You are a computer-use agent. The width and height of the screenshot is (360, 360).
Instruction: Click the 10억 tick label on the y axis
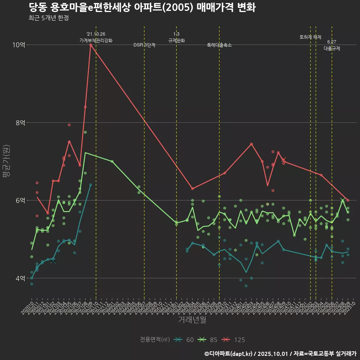point(19,45)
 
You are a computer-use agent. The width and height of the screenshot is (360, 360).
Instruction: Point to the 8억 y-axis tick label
point(20,123)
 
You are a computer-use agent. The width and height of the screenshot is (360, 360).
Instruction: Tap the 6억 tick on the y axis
point(20,200)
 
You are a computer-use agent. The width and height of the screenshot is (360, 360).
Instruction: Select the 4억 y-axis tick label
point(20,278)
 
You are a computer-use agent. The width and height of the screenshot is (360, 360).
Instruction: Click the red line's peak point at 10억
point(91,45)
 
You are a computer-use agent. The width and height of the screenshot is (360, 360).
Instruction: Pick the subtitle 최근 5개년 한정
point(48,18)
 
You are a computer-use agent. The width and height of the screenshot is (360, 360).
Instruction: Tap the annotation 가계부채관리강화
point(96,40)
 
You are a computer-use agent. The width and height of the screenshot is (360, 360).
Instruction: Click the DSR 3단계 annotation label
point(144,45)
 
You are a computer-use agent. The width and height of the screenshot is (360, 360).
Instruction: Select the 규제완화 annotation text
point(176,40)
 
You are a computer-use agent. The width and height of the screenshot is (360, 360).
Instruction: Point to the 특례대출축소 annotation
point(219,45)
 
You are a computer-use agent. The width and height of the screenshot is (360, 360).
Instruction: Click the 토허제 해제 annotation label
point(310,37)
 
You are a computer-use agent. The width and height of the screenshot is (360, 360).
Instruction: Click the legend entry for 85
point(208,340)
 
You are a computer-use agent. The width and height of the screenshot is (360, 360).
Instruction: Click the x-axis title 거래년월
point(192,320)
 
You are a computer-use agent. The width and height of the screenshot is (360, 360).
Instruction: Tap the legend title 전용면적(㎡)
point(155,340)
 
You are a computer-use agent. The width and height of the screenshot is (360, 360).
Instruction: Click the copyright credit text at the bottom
point(280,354)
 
